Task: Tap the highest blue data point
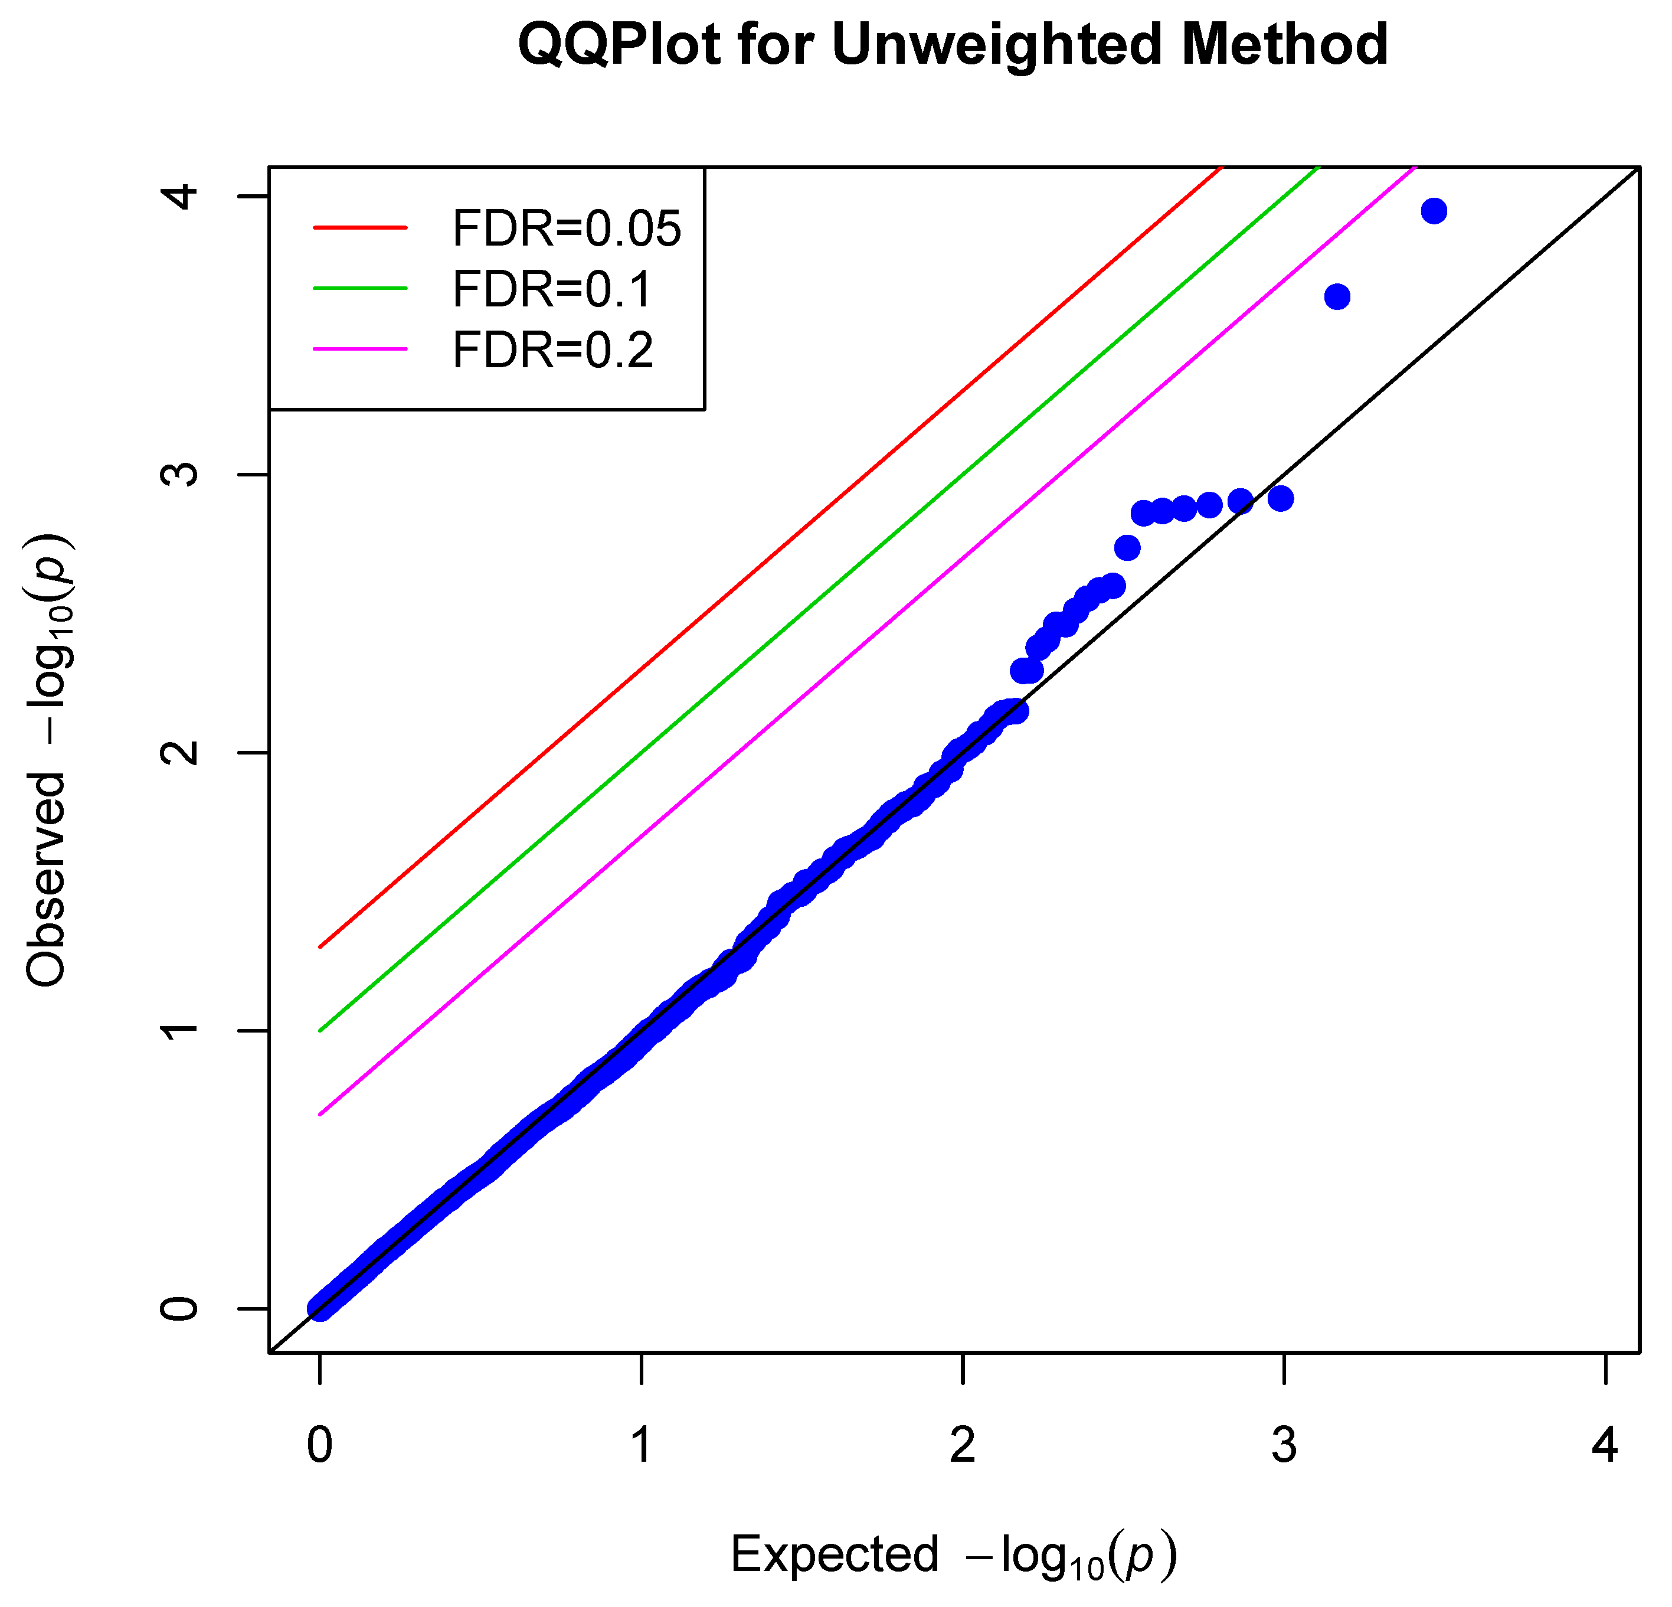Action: (1434, 211)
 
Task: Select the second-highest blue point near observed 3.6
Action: (1337, 297)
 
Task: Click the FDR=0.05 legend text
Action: (567, 228)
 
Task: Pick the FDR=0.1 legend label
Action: (552, 289)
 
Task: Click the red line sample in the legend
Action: (360, 228)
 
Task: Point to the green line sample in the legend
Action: (360, 289)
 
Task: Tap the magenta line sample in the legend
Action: (360, 349)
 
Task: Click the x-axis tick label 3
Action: (1284, 1445)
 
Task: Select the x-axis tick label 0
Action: (320, 1445)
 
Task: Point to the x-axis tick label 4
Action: (1605, 1445)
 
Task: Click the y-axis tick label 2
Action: (180, 752)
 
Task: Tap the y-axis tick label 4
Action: (180, 196)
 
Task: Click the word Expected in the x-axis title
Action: (835, 1553)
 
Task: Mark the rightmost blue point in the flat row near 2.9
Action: (1281, 498)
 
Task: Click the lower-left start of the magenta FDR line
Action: (320, 1113)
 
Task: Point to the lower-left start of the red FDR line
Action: (320, 946)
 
